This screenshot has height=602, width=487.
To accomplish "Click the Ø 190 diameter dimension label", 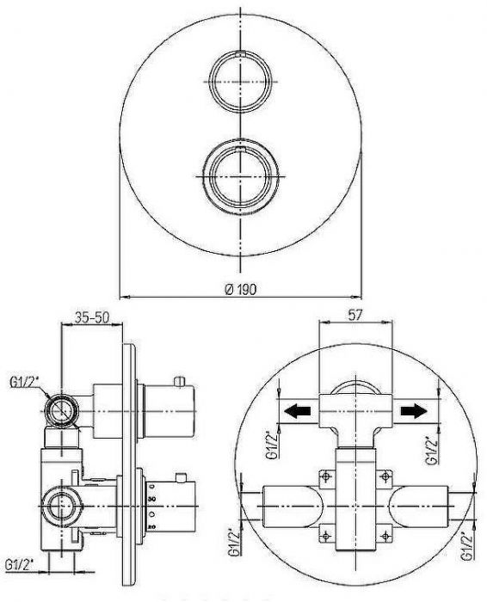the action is tap(240, 289).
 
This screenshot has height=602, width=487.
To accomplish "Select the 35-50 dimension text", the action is tap(92, 317).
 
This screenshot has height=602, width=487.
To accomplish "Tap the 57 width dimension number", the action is tap(355, 316).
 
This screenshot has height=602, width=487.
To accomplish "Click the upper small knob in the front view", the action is tap(240, 82).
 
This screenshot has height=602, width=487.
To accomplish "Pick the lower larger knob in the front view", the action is tap(240, 175).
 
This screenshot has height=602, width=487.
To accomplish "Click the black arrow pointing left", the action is tap(297, 411).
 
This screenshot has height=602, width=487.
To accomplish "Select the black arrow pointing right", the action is tap(414, 411).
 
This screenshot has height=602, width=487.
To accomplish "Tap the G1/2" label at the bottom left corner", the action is tap(19, 565).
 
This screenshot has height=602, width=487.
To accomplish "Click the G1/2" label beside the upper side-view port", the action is tap(25, 383).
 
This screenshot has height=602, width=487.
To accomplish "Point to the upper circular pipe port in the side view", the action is tap(61, 411).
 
